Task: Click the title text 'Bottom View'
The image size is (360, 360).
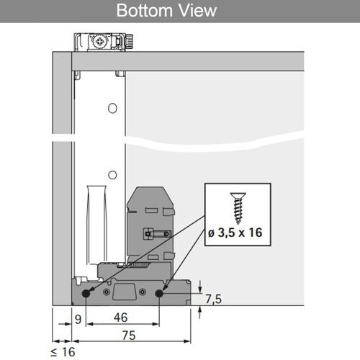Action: coord(166,12)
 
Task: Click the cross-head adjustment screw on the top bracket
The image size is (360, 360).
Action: coord(98,42)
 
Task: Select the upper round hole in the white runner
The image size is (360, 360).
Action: coord(112,108)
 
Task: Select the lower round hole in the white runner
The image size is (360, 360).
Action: coord(112,175)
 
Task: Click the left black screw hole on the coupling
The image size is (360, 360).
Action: coord(86,293)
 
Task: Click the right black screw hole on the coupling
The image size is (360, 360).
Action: coord(158,293)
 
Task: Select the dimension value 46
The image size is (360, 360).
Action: coord(122,316)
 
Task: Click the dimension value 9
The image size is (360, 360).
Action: coord(78,316)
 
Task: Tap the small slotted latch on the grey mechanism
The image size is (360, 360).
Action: coord(154,233)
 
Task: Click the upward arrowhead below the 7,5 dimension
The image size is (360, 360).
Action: coord(199,309)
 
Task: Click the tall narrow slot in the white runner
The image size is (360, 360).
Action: coord(96,216)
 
